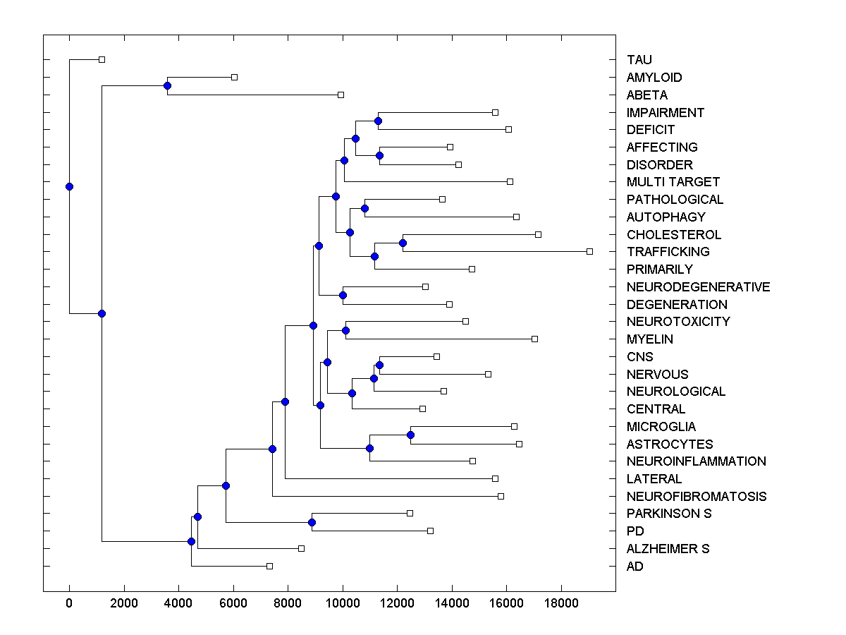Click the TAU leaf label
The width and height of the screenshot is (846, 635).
[x=639, y=60]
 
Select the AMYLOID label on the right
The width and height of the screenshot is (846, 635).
[x=654, y=78]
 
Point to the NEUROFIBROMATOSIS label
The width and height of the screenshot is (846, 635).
[x=696, y=496]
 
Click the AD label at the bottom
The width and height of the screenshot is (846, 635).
[x=634, y=566]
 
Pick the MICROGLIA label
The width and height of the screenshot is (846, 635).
[x=661, y=426]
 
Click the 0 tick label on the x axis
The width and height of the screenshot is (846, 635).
[x=69, y=603]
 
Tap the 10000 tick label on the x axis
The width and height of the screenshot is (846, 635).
[x=343, y=603]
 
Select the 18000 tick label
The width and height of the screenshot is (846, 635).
[x=561, y=603]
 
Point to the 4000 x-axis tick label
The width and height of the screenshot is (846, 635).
[x=178, y=603]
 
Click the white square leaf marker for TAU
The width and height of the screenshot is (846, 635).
[x=102, y=59]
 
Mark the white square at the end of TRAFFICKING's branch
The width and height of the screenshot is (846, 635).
[x=590, y=251]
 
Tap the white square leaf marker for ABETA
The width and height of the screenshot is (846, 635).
[x=341, y=95]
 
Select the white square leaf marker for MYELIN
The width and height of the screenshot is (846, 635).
[x=534, y=339]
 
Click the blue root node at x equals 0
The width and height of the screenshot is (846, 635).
[x=69, y=186]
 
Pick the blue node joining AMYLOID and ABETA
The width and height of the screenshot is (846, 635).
[x=167, y=86]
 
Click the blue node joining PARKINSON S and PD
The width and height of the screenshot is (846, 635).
[x=312, y=522]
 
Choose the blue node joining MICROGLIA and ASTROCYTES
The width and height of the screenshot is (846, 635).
[x=410, y=435]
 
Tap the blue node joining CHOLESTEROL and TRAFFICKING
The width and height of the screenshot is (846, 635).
[x=403, y=243]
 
